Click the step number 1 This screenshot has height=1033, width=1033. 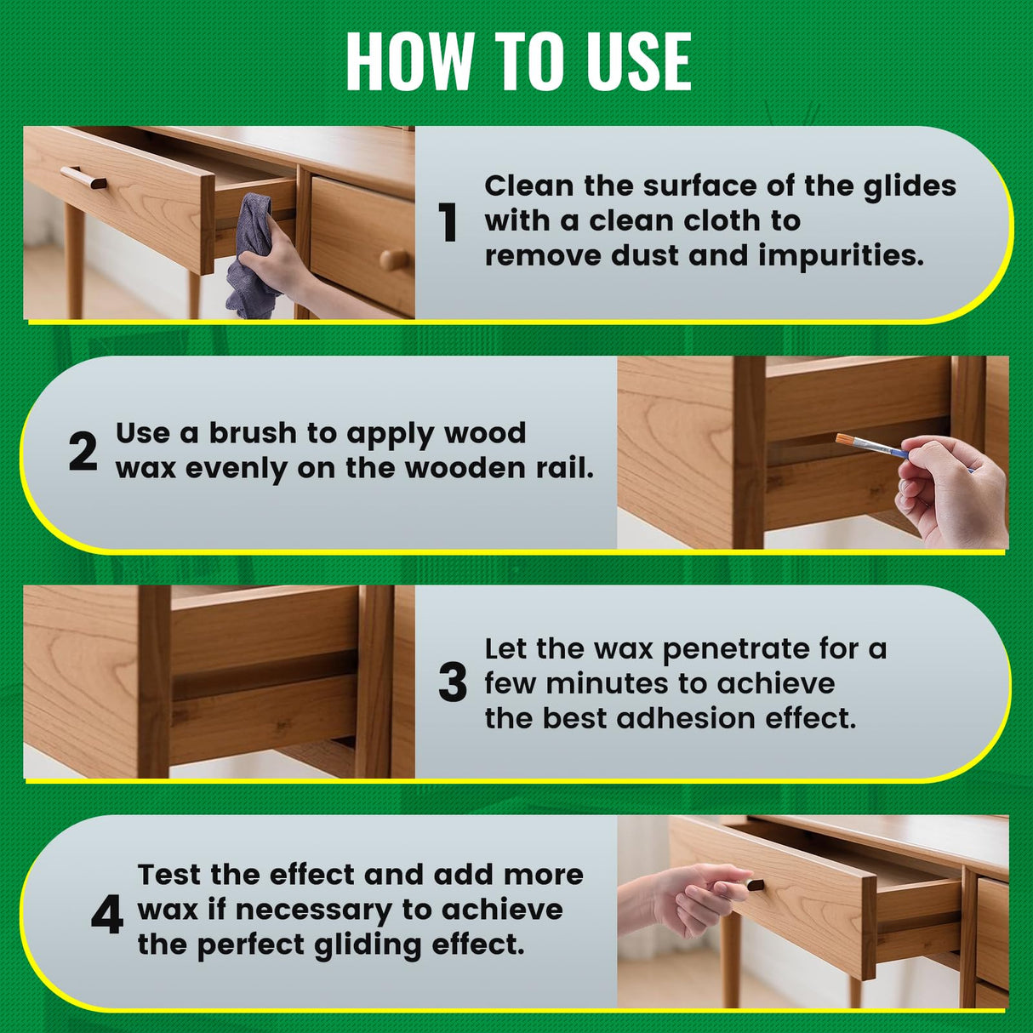pos(448,223)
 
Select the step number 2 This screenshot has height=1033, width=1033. pos(83,452)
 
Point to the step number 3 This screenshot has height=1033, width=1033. pos(453,683)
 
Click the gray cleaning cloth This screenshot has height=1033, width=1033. pos(254,255)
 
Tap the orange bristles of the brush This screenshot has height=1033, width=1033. pos(847,441)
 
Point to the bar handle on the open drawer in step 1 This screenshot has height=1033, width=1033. pos(83,179)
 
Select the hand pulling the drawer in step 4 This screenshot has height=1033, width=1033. pos(689,898)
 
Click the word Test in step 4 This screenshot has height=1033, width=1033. pos(170,875)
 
